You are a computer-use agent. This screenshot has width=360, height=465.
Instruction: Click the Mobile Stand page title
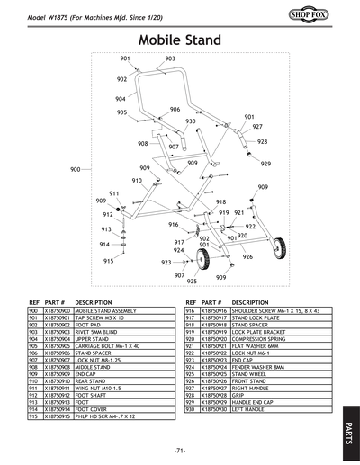coord(179,40)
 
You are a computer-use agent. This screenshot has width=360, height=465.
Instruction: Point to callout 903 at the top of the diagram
coord(170,58)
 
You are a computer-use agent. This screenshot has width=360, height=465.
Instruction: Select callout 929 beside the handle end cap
coord(265,164)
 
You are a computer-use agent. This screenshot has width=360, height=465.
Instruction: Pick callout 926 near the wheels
coord(247,256)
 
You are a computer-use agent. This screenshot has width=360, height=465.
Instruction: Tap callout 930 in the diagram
coord(191,121)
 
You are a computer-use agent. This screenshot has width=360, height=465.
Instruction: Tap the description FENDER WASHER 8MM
coord(257,366)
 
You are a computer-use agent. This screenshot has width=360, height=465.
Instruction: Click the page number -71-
coord(179,449)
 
